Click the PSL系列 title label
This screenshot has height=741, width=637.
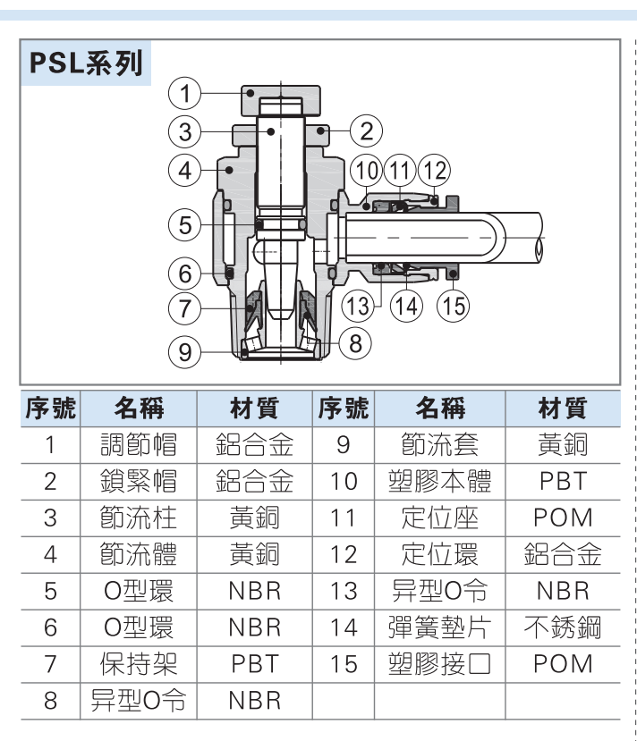86,63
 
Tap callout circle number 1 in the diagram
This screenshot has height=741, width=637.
184,92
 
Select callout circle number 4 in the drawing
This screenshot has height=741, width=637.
184,169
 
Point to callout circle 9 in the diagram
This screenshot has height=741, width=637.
184,351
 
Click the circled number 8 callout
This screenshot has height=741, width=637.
355,342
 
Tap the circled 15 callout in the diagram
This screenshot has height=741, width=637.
453,306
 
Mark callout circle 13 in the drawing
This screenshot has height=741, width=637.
358,306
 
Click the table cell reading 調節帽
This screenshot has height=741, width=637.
138,444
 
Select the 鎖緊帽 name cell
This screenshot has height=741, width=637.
138,481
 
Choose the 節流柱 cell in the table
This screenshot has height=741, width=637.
138,518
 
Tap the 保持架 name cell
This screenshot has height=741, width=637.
138,664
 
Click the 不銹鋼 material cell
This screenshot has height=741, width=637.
563,627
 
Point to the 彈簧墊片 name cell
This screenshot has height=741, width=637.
439,627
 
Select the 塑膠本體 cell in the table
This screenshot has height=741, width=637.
439,481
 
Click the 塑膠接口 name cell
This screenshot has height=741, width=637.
439,664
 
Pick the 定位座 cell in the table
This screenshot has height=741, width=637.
439,518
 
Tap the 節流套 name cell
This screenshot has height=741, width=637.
439,444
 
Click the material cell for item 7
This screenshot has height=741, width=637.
254,664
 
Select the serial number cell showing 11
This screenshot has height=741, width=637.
343,518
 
